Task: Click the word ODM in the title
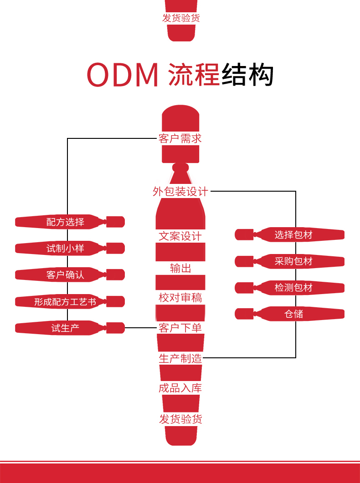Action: (x=123, y=75)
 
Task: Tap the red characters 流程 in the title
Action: (x=194, y=75)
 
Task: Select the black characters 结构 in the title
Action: (x=247, y=75)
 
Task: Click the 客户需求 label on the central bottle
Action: (x=180, y=138)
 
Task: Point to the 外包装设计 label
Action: (x=180, y=191)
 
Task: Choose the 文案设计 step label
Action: (x=180, y=236)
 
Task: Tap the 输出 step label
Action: (x=180, y=268)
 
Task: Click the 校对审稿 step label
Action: (x=180, y=298)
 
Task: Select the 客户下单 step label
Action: (x=180, y=328)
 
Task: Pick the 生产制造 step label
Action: (x=180, y=358)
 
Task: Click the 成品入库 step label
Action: (x=180, y=388)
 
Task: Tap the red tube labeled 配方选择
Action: (x=70, y=222)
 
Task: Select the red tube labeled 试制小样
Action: (x=70, y=248)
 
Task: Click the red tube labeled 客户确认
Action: (x=70, y=275)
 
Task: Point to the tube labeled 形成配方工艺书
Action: (x=70, y=301)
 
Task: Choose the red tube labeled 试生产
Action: (x=70, y=328)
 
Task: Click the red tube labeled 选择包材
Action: (x=290, y=235)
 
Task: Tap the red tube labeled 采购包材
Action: (x=290, y=261)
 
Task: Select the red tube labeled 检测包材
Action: (x=290, y=288)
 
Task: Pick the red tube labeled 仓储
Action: (x=290, y=314)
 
